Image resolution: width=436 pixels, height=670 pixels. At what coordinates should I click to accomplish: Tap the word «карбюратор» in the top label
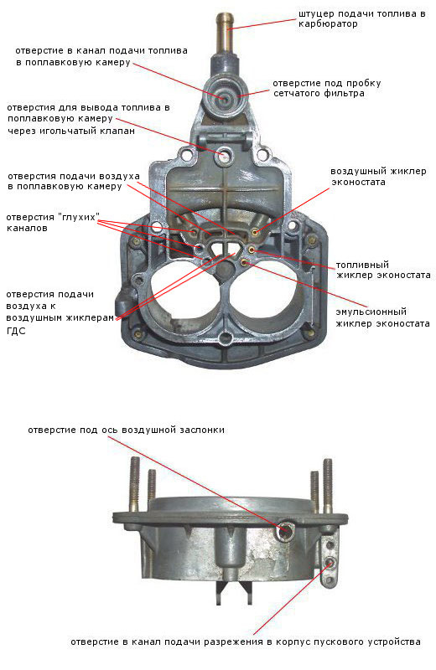(328, 24)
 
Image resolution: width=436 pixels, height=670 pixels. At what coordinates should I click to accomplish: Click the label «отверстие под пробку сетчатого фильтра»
(327, 88)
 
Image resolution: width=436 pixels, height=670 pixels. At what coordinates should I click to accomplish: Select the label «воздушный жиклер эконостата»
(379, 177)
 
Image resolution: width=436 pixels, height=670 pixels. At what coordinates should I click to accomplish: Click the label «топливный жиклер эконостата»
(383, 270)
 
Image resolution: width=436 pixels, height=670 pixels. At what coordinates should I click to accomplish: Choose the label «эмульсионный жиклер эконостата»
(382, 317)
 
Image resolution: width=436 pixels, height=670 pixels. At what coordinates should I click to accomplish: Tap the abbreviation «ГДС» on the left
(16, 331)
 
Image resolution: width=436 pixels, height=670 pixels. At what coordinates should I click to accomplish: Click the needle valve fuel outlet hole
(223, 156)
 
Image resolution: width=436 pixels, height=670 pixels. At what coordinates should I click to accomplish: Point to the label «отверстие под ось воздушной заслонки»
(127, 430)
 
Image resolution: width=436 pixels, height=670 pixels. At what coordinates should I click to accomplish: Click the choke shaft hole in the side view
(284, 531)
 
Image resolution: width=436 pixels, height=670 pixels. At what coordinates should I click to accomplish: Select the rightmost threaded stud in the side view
(328, 486)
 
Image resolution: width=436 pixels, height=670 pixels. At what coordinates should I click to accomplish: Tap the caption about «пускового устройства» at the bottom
(246, 642)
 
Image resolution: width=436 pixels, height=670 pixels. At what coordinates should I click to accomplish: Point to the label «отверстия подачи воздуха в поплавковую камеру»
(74, 181)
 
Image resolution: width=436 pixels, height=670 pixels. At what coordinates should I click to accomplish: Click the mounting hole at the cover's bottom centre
(225, 340)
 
